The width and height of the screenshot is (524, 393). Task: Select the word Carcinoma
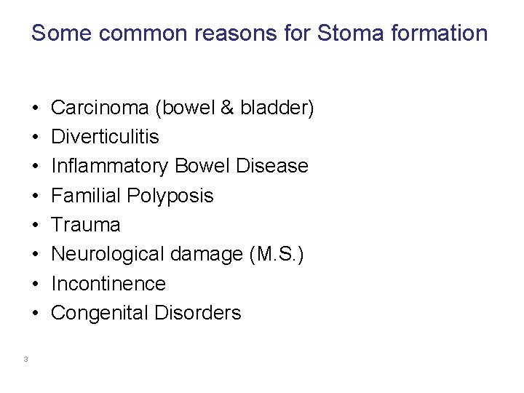(x=100, y=108)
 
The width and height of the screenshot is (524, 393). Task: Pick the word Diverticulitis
(x=105, y=137)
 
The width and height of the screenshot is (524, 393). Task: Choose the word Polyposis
(x=170, y=196)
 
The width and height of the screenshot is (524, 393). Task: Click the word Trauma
(x=85, y=225)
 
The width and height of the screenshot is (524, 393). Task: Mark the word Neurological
(x=107, y=254)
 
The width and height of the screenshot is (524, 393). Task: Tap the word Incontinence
(x=108, y=283)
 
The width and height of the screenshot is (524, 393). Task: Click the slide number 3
(x=25, y=358)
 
